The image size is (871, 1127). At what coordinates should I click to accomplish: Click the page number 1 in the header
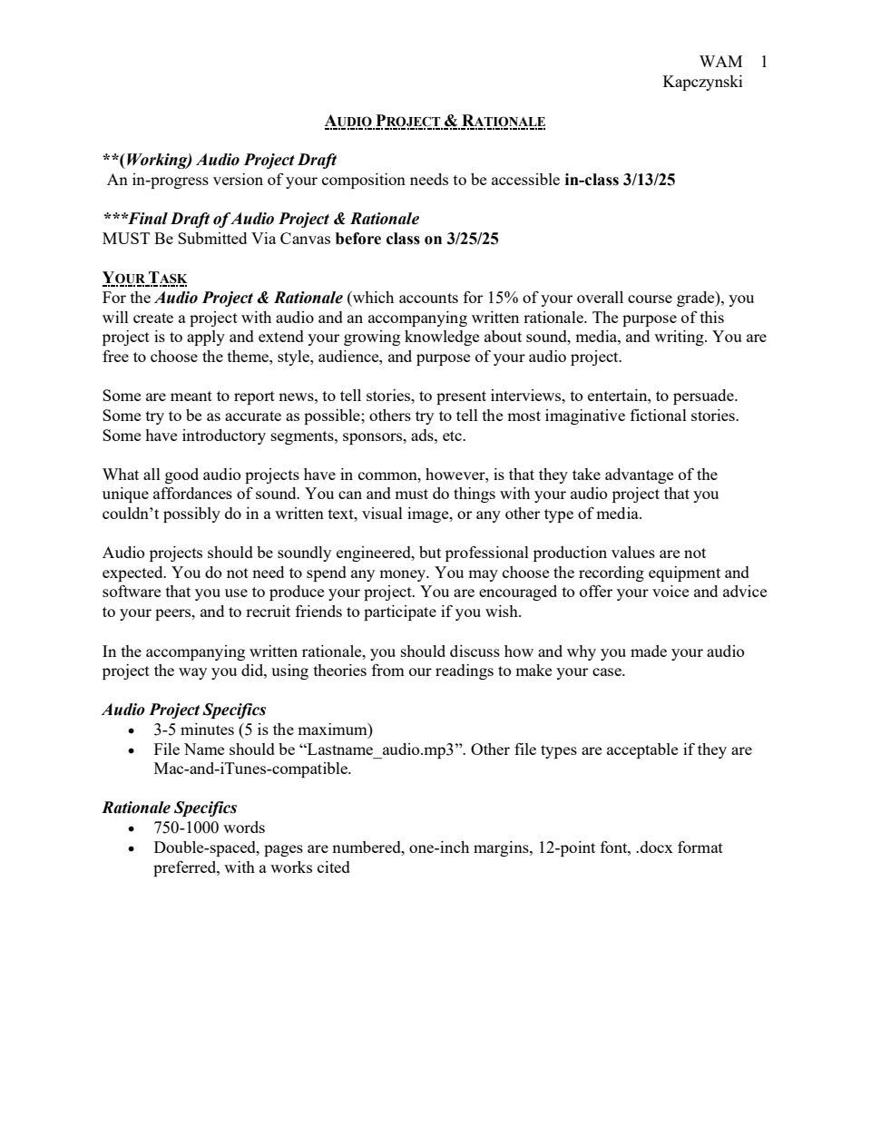pyautogui.click(x=764, y=62)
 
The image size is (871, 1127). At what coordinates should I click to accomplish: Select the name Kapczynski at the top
pyautogui.click(x=703, y=82)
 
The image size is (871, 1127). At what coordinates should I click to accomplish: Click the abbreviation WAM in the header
pyautogui.click(x=720, y=62)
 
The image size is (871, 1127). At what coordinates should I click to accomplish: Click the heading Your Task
pyautogui.click(x=144, y=279)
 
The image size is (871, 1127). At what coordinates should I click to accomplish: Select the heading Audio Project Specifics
pyautogui.click(x=184, y=710)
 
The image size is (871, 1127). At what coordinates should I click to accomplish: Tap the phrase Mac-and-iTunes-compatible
pyautogui.click(x=251, y=769)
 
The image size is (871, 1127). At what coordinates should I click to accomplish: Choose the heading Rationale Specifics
pyautogui.click(x=170, y=808)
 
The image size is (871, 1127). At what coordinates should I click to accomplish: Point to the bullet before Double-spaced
pyautogui.click(x=133, y=848)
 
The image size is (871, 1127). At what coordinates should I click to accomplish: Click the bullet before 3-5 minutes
pyautogui.click(x=133, y=730)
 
